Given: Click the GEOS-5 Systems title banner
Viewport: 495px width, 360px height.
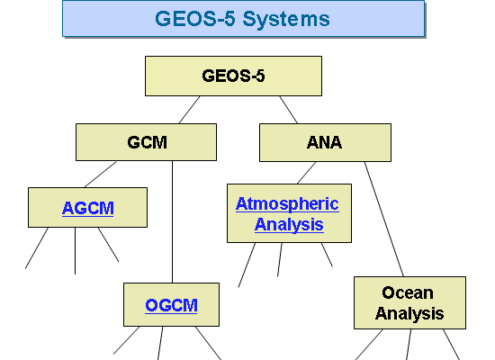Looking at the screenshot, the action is point(243,19).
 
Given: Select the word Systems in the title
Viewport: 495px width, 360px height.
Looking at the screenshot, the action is point(286,19).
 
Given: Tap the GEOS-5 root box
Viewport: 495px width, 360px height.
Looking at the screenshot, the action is point(234,76).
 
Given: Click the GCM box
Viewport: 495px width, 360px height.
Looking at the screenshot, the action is point(146,142).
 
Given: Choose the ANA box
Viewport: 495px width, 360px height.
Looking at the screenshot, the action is point(325,143).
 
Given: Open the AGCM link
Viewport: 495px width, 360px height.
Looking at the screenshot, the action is point(88,208).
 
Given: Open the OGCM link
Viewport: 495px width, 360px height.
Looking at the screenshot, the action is point(171,305).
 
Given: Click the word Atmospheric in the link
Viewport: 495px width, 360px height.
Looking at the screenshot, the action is point(287,204).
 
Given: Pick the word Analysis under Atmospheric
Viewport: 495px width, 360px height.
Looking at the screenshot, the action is point(289,224).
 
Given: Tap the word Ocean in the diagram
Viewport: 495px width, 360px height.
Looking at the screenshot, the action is point(408,292).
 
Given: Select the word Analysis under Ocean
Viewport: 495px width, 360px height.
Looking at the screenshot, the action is point(409,313).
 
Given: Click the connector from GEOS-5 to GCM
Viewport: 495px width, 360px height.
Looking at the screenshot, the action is point(189,110).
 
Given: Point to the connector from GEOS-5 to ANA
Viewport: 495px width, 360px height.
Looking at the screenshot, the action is point(289,110).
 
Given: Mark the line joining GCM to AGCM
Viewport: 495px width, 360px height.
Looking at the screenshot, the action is point(100,175).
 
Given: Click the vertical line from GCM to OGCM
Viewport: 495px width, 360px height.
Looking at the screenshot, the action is point(173,222).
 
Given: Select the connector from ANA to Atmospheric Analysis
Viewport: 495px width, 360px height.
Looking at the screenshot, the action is point(306,173).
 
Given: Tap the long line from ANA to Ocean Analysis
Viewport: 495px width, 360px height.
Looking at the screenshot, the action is point(384,220).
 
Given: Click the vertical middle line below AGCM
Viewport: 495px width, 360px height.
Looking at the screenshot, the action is point(75,251).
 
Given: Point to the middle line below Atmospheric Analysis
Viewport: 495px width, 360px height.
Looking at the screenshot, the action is point(280,259).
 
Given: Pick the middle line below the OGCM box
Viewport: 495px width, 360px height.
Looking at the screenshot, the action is point(160,343).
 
